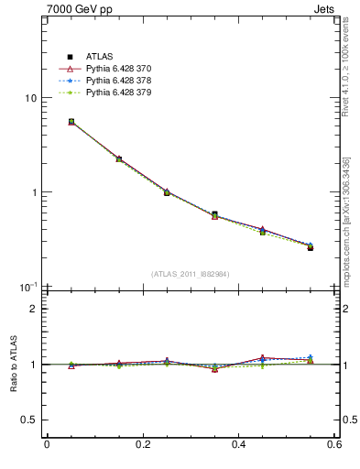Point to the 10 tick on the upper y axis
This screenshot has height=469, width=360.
click(30, 98)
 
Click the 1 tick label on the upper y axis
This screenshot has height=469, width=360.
click(33, 192)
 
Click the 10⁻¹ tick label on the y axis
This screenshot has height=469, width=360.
click(29, 287)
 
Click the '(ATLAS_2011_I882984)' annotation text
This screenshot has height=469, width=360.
click(191, 274)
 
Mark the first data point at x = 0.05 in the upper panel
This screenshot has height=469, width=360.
click(71, 121)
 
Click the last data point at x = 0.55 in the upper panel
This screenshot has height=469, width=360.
click(311, 247)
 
